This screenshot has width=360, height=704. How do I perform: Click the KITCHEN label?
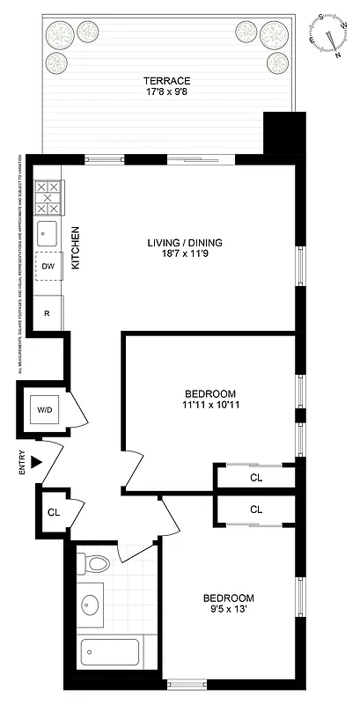pos(76,247)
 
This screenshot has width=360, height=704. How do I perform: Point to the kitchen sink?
pos(47,233)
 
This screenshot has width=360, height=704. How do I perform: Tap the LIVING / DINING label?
pos(184,243)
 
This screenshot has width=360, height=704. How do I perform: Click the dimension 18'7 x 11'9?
pos(184,255)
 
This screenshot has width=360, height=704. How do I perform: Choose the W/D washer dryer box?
pos(44,409)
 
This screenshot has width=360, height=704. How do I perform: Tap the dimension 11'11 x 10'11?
pos(209,406)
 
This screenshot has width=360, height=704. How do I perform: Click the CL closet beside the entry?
pos(53,511)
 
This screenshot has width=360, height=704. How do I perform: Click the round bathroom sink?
pos(91,605)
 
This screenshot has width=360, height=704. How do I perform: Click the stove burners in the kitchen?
pos(47,198)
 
